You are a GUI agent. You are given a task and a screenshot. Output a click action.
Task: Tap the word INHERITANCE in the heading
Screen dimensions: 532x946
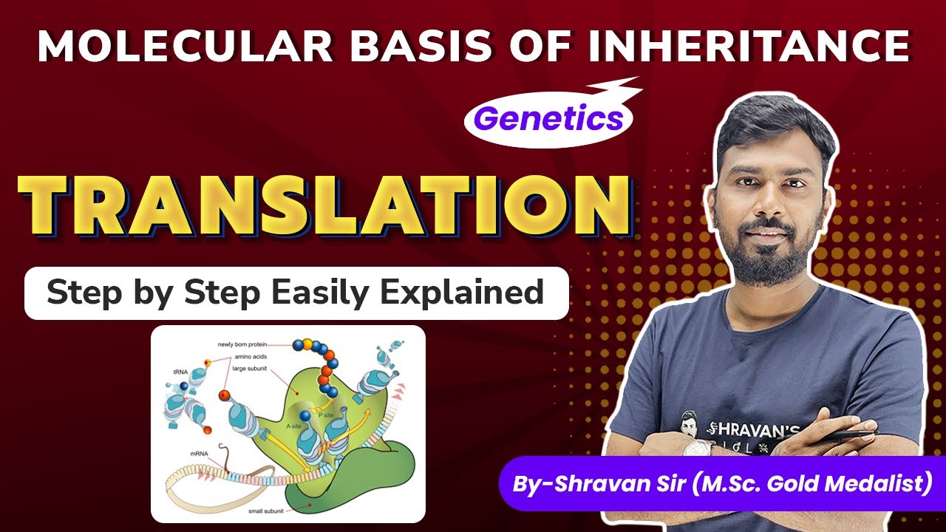749,46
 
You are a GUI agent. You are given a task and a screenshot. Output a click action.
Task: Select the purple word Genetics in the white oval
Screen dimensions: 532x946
548,117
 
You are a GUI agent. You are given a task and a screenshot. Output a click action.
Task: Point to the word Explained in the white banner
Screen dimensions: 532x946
462,293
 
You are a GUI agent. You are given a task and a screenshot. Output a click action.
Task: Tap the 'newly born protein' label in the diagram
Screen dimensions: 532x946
242,344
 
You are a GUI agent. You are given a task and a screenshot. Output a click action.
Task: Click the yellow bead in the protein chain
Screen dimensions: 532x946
307,344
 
